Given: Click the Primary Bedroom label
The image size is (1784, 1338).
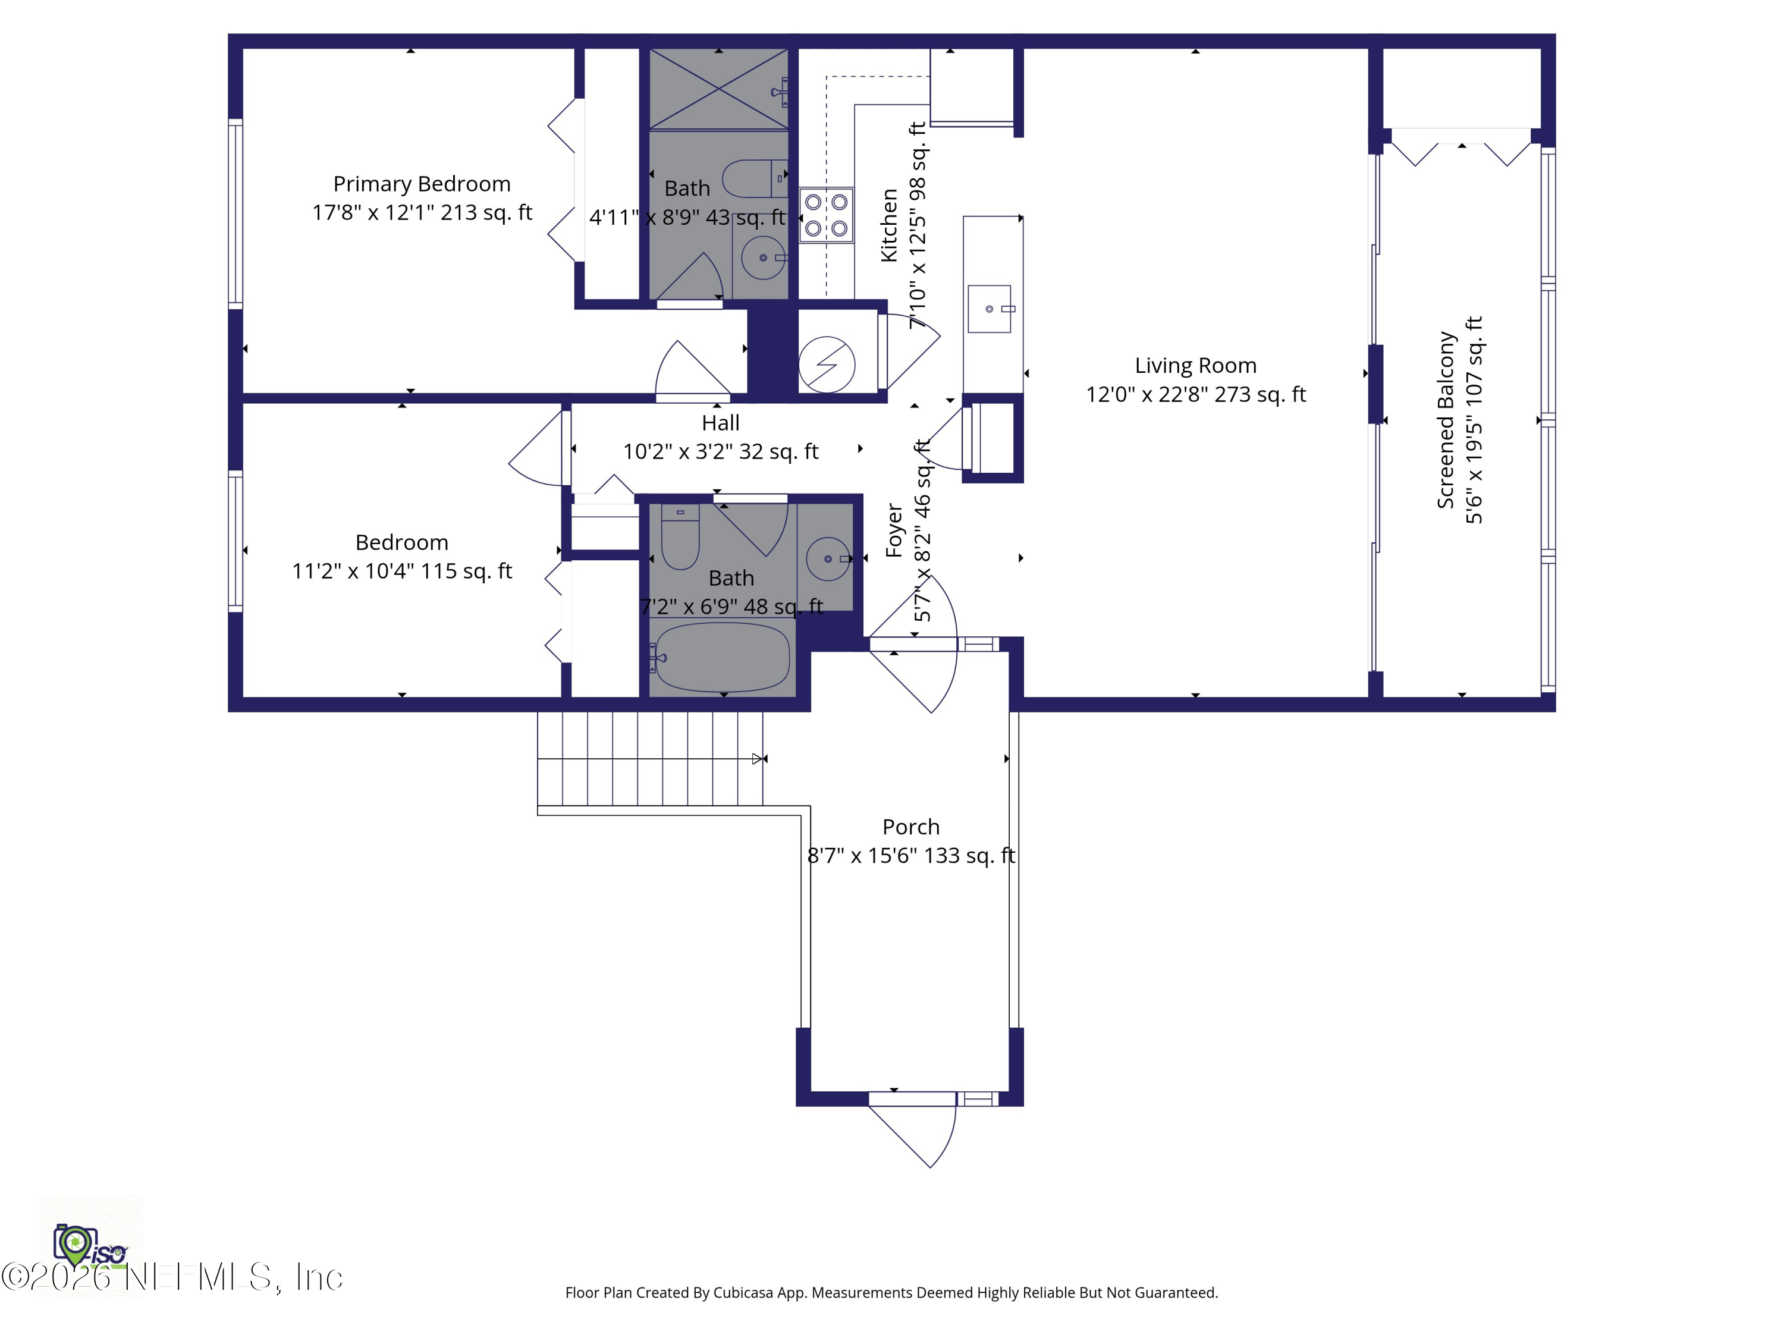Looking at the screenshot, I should click(x=422, y=184).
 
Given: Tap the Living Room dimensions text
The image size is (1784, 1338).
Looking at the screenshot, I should click(x=1195, y=394).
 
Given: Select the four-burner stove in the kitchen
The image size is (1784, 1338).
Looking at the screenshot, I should click(x=826, y=215).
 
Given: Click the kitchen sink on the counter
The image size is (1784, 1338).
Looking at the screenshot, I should click(x=989, y=309).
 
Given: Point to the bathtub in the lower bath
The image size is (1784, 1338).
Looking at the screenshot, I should click(x=723, y=657).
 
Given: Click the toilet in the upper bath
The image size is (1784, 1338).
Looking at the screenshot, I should click(x=754, y=178).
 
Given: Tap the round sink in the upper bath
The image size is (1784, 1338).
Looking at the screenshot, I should click(x=762, y=257).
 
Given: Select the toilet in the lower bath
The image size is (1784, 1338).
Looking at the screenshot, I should click(x=680, y=539).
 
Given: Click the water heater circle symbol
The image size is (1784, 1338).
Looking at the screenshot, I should click(x=827, y=364).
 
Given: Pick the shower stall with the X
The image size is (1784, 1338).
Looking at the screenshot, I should click(x=718, y=89).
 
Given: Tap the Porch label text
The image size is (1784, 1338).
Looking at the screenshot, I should click(x=910, y=827).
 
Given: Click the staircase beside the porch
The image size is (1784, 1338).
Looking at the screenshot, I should click(x=649, y=758).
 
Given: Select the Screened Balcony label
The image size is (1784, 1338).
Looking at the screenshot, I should click(x=1445, y=419).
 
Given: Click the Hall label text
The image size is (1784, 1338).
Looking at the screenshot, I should click(x=720, y=423).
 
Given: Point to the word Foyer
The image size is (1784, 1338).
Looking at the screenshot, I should click(x=894, y=530).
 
